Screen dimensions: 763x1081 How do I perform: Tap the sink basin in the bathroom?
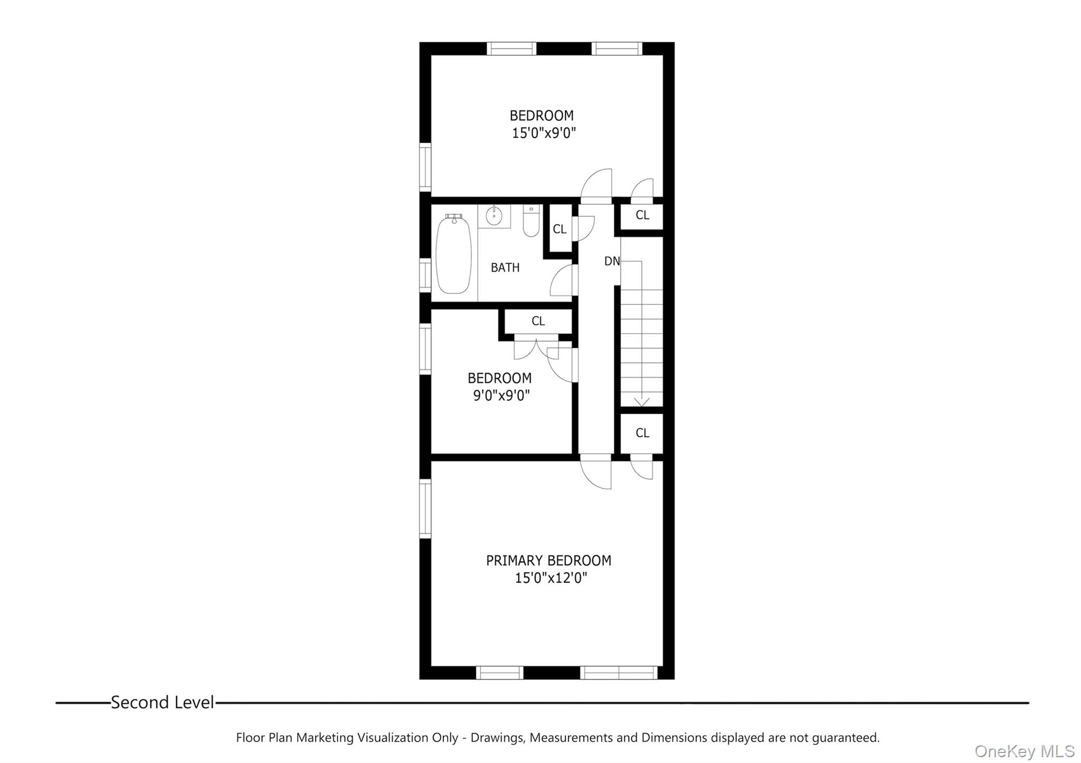coord(494,215)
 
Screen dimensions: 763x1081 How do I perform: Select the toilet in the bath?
coord(531,222)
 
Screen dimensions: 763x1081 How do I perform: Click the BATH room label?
coord(505,268)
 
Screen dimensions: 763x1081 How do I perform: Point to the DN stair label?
coord(612,261)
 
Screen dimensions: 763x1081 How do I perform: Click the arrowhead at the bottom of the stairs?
coord(641,402)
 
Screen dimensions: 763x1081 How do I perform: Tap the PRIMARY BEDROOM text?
coord(548,560)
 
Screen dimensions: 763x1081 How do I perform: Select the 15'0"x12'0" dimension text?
coord(551,578)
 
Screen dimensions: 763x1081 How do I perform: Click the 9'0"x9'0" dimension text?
coord(501,395)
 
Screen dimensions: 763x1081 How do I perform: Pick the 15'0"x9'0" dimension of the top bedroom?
coord(543,133)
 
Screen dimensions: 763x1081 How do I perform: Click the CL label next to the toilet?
coord(560,229)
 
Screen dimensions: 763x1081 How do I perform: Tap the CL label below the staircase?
coord(642,433)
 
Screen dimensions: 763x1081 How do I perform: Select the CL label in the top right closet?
coord(642,215)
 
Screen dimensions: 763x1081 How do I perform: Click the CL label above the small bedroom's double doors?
coord(538,321)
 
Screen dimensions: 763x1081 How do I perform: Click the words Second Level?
coord(162,702)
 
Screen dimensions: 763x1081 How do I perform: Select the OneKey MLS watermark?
coord(1024,751)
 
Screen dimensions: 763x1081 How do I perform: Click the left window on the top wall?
coord(511,49)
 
